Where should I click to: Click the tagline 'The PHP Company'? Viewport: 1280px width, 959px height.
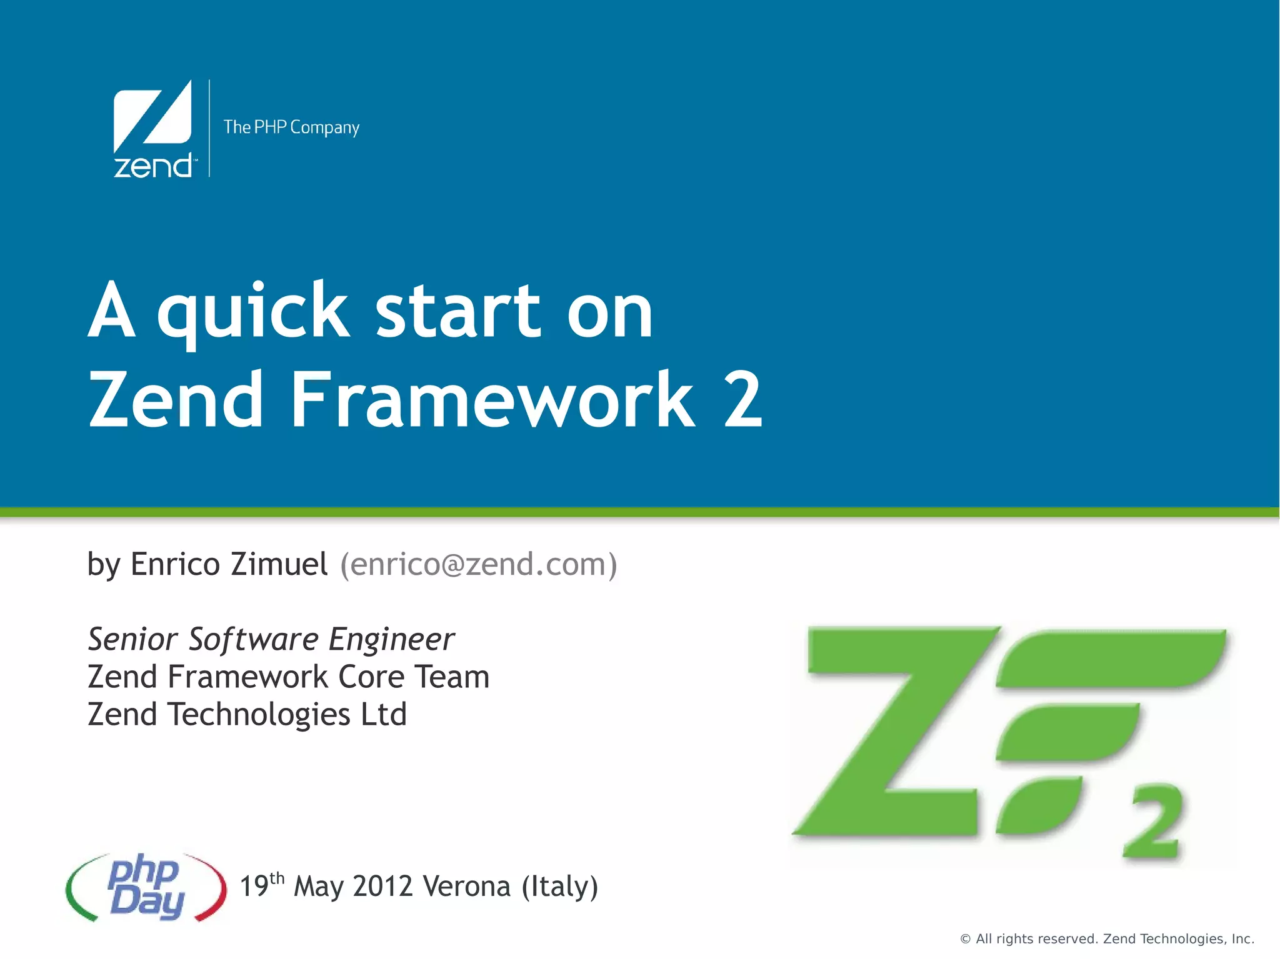tap(291, 127)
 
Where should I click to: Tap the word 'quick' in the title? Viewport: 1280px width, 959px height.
tap(252, 312)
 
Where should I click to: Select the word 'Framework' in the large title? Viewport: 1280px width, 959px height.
tap(492, 400)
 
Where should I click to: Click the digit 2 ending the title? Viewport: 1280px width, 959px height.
tap(743, 400)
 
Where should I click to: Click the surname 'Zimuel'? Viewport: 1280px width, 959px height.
tap(279, 564)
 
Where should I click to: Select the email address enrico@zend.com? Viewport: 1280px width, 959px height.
tap(478, 564)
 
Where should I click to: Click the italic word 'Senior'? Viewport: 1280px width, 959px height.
tap(132, 639)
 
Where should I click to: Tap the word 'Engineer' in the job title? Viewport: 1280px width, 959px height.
tap(392, 639)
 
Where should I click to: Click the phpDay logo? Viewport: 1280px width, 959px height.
tap(146, 887)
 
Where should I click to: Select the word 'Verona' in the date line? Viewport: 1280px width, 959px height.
tap(466, 887)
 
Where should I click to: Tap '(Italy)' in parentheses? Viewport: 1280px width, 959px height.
tap(560, 887)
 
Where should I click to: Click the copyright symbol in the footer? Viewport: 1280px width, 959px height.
tap(965, 939)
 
